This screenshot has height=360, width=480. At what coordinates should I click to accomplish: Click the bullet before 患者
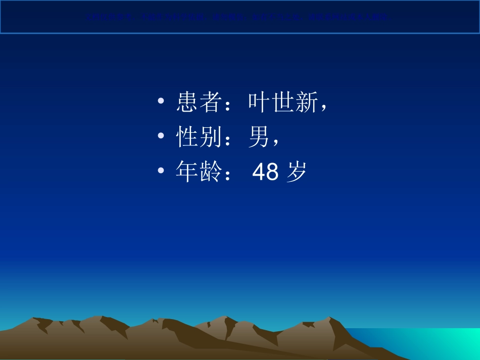pyautogui.click(x=161, y=102)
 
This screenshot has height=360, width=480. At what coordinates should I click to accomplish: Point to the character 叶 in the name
pyautogui.click(x=260, y=102)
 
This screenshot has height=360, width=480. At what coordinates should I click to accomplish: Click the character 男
pyautogui.click(x=260, y=137)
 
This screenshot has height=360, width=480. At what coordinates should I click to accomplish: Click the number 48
pyautogui.click(x=265, y=172)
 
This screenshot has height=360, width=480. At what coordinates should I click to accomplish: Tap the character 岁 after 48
pyautogui.click(x=296, y=172)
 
